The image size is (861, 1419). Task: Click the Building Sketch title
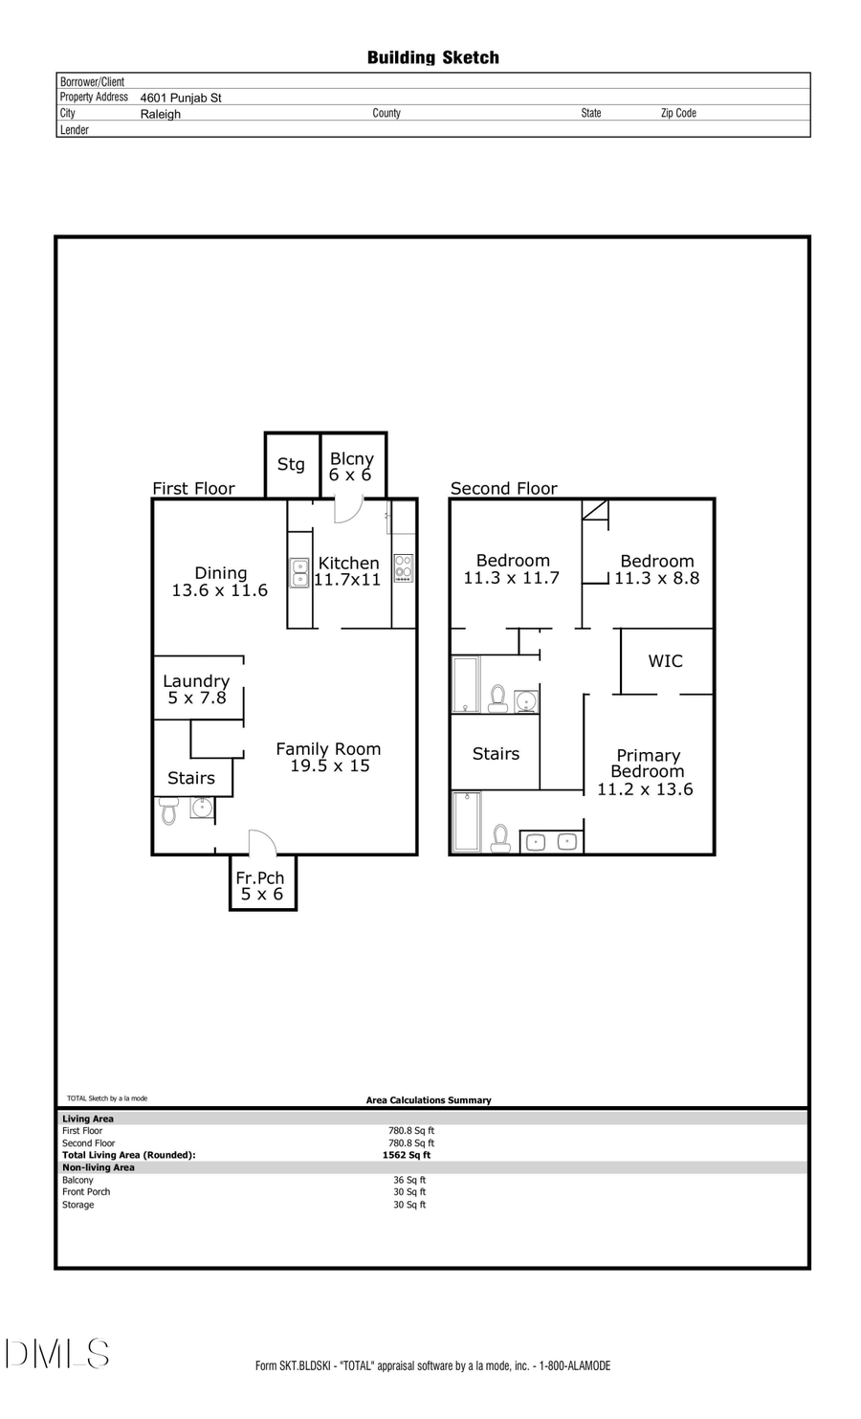pyautogui.click(x=432, y=57)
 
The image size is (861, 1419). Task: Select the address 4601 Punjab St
pyautogui.click(x=181, y=98)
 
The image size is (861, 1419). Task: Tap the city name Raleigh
pyautogui.click(x=160, y=114)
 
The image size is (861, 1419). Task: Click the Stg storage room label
pyautogui.click(x=291, y=464)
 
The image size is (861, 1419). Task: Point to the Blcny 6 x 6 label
pyautogui.click(x=351, y=467)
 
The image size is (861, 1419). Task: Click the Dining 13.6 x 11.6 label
pyautogui.click(x=220, y=582)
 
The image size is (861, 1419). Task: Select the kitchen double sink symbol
pyautogui.click(x=300, y=572)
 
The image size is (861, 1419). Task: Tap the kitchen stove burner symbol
pyautogui.click(x=404, y=568)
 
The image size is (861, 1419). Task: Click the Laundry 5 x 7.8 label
pyautogui.click(x=196, y=689)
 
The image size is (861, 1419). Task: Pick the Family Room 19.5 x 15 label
pyautogui.click(x=329, y=757)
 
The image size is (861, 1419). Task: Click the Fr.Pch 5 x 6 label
pyautogui.click(x=261, y=885)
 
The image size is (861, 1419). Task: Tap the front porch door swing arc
pyautogui.click(x=263, y=843)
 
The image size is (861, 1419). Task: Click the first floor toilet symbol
pyautogui.click(x=169, y=812)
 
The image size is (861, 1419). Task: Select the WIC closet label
pyautogui.click(x=665, y=661)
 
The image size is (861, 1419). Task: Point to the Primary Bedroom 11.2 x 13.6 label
pyautogui.click(x=647, y=772)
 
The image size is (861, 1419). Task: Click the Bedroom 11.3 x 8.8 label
pyautogui.click(x=657, y=569)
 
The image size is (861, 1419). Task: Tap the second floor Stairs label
pyautogui.click(x=496, y=754)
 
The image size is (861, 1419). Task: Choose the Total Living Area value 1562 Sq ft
pyautogui.click(x=407, y=1155)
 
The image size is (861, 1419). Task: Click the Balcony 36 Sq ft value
pyautogui.click(x=409, y=1180)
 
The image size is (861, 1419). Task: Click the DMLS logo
pyautogui.click(x=57, y=1354)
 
